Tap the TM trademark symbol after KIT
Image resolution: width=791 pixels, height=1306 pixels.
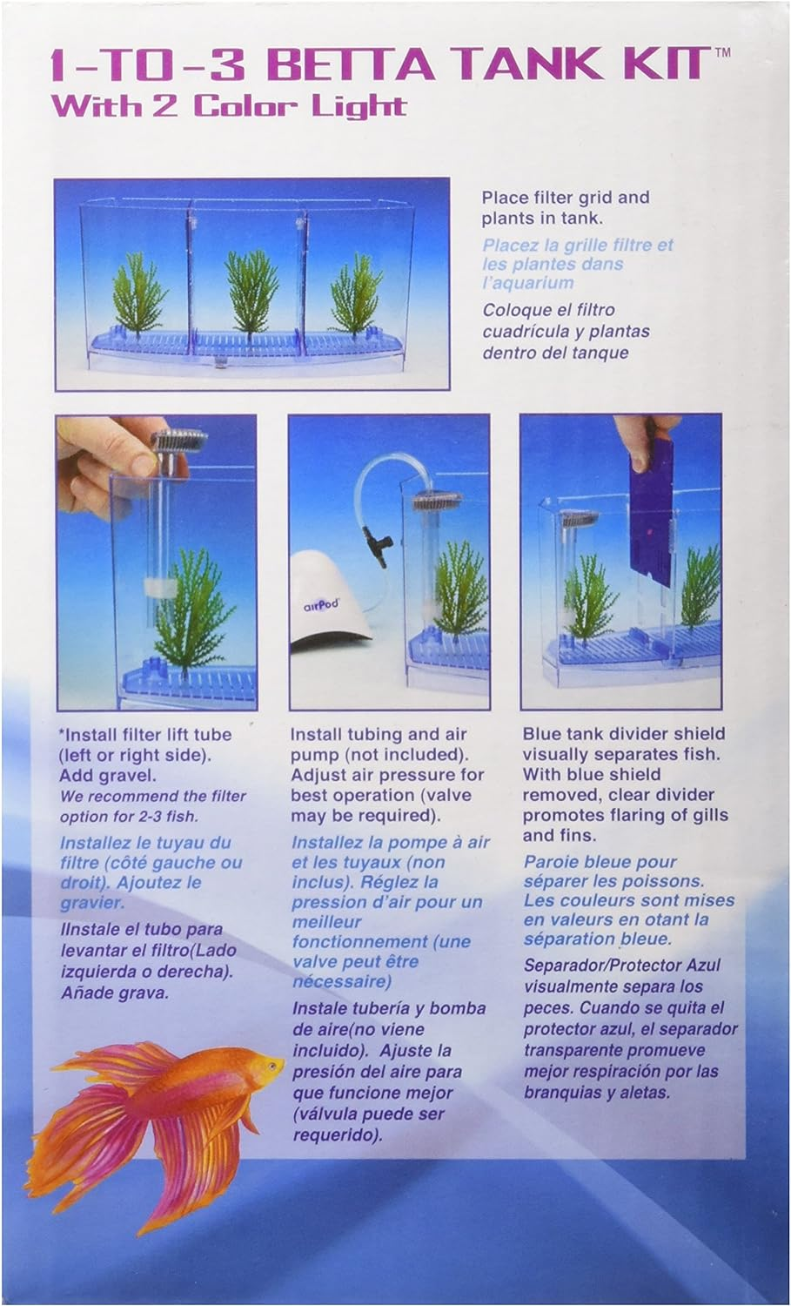(x=722, y=52)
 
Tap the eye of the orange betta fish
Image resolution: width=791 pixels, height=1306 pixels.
(x=271, y=1066)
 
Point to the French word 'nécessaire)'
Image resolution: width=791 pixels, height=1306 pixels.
(x=342, y=982)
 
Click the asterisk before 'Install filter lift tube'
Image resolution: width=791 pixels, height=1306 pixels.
(x=63, y=731)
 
